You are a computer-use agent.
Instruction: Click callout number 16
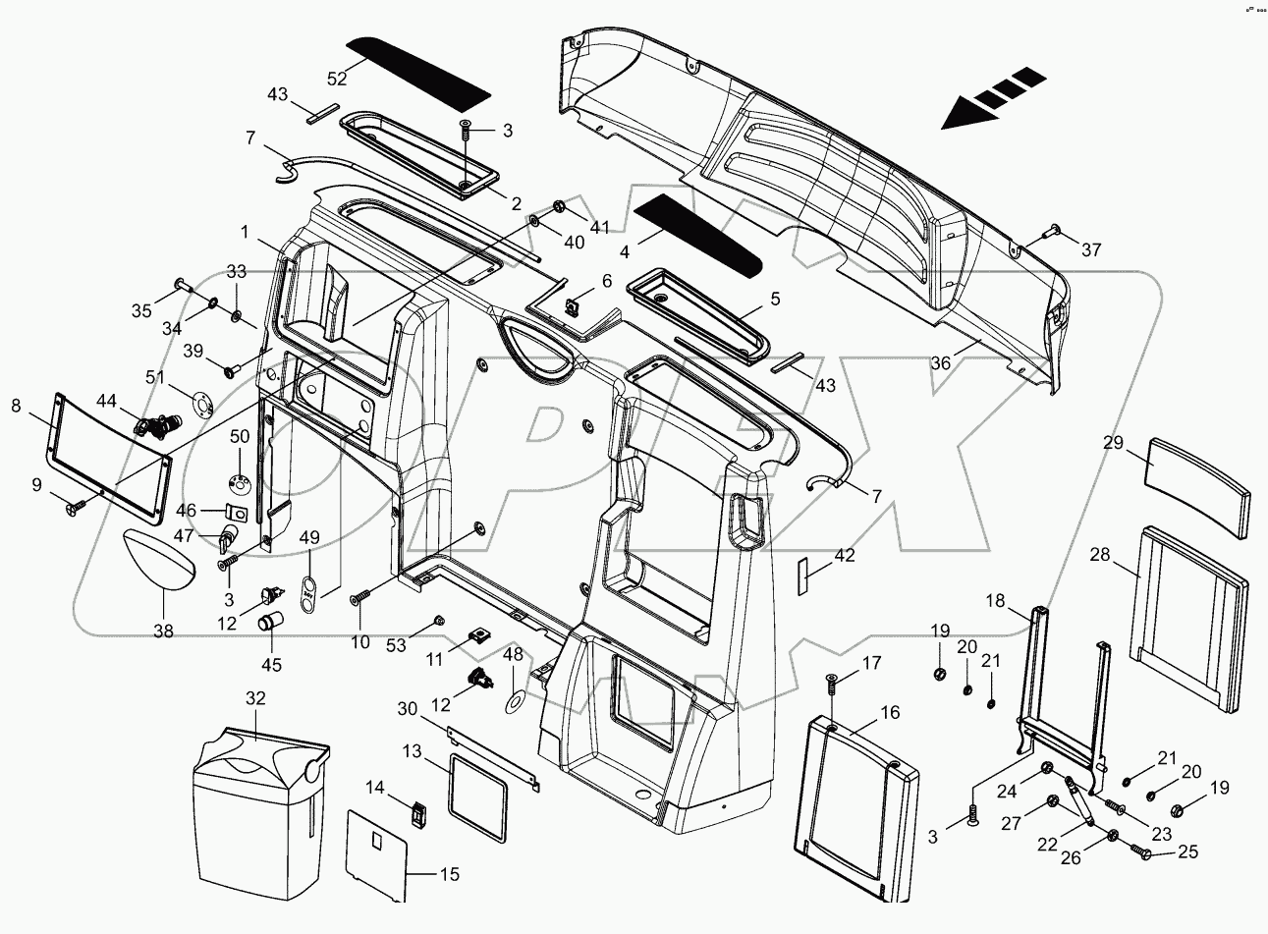[862, 712]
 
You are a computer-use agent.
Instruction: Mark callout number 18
[996, 601]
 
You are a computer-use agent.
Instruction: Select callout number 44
[107, 401]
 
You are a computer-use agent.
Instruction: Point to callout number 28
[1099, 555]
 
